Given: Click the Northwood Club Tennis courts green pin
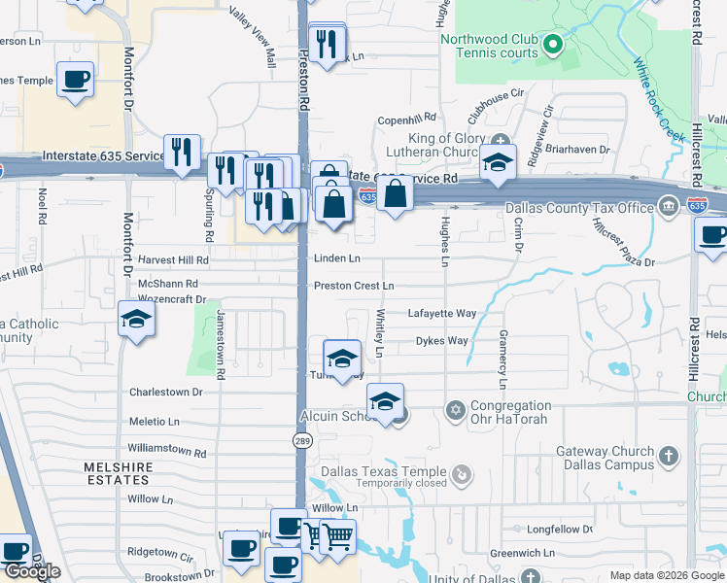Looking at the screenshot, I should [552, 44].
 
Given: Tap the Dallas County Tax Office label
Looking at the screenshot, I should [579, 208].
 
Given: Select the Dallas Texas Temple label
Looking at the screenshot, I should [379, 472].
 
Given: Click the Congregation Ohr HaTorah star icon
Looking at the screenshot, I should [454, 407].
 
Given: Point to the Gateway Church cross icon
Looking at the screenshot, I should [668, 455].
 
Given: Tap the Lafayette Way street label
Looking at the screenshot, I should [442, 313].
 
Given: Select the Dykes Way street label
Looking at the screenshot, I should [441, 341].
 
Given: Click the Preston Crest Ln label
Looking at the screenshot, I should [353, 286].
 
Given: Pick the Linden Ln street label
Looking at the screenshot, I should [336, 258].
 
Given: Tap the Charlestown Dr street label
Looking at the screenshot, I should [165, 393].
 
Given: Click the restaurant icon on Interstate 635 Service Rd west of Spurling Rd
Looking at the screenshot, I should [181, 152].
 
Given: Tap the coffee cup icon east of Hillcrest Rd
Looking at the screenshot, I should [711, 236].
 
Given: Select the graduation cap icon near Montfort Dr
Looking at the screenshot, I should [136, 320].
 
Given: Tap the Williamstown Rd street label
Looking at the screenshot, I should [167, 453].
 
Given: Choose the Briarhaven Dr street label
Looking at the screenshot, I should [577, 150].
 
